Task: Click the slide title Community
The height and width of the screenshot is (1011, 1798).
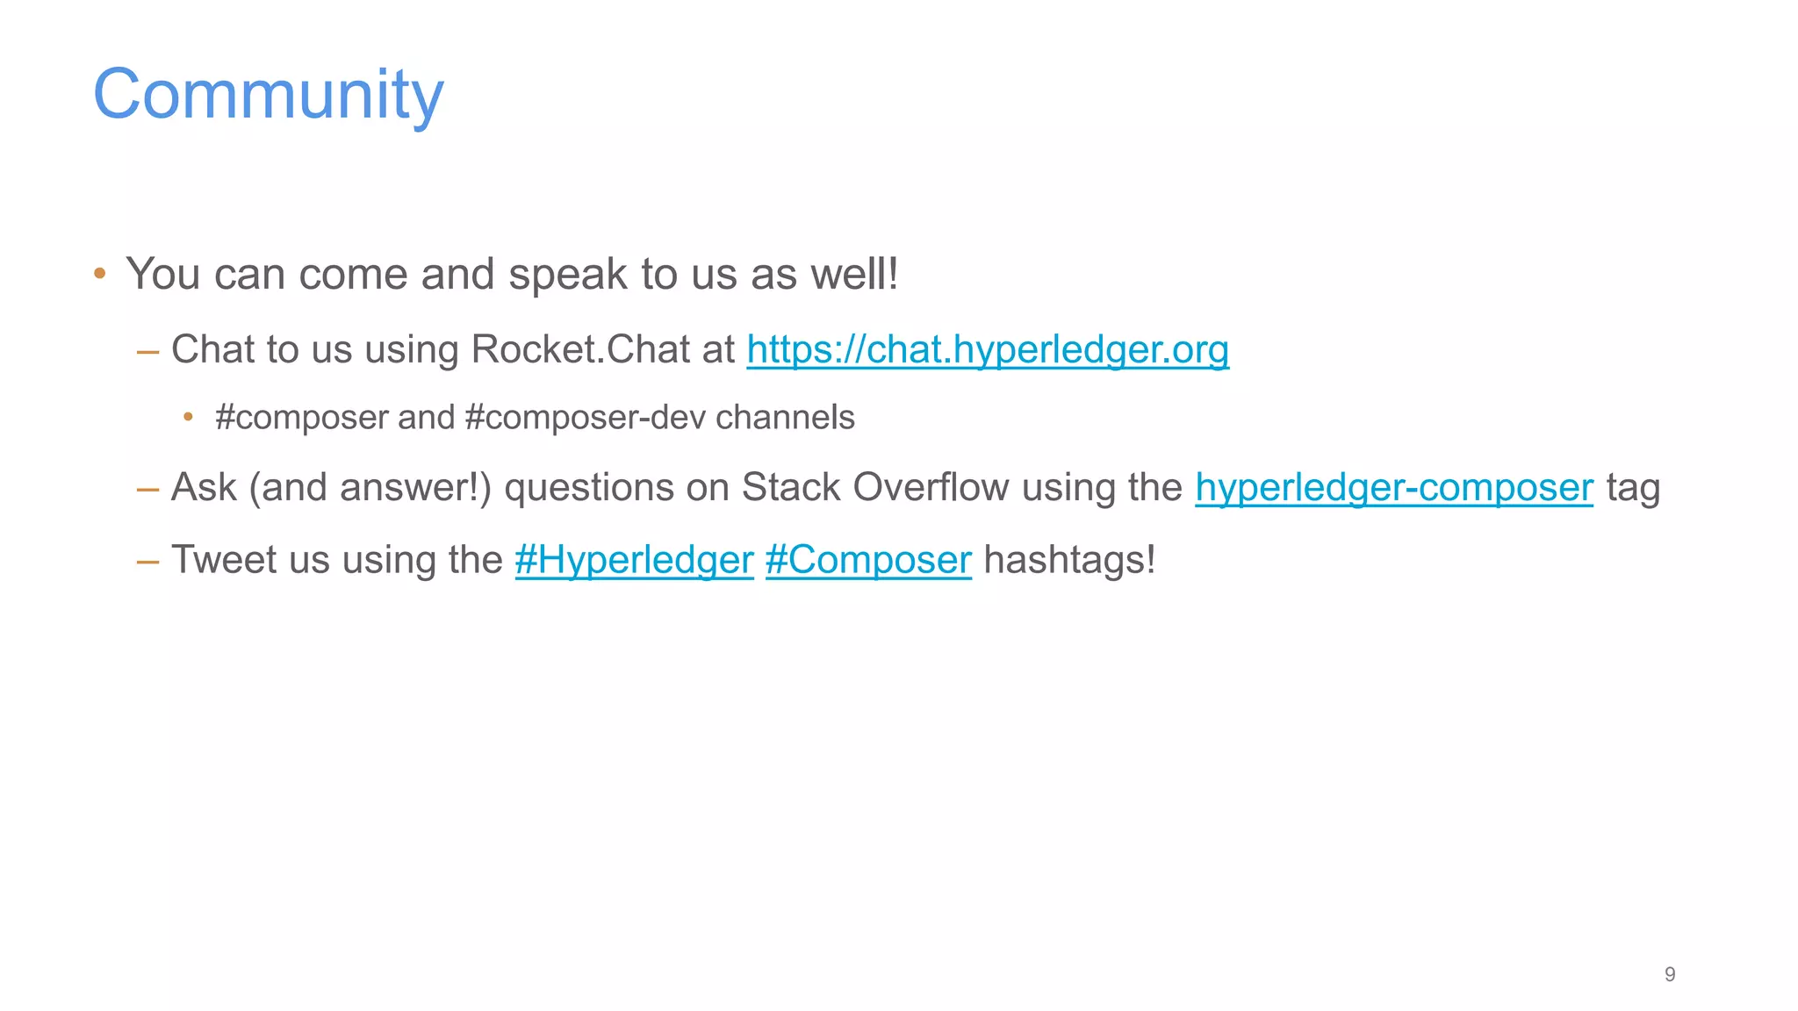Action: point(268,95)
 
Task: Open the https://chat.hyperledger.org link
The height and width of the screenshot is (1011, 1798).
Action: point(988,349)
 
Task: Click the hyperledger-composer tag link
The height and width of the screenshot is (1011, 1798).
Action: point(1393,488)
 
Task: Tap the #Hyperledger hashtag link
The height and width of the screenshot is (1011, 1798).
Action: point(634,560)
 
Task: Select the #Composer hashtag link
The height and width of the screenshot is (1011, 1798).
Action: point(868,560)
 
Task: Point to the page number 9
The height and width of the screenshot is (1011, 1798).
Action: point(1669,974)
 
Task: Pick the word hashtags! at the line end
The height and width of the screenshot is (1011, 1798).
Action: point(1069,560)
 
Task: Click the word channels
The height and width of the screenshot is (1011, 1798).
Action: point(785,418)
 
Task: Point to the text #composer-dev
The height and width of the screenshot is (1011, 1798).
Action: point(585,418)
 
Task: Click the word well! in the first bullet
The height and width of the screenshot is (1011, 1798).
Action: point(854,274)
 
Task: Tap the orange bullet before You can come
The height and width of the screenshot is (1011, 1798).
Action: point(100,274)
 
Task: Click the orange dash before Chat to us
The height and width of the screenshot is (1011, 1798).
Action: point(147,351)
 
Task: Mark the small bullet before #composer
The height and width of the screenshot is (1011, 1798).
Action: point(188,418)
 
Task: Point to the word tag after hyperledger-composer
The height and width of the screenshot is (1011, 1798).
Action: point(1633,488)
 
